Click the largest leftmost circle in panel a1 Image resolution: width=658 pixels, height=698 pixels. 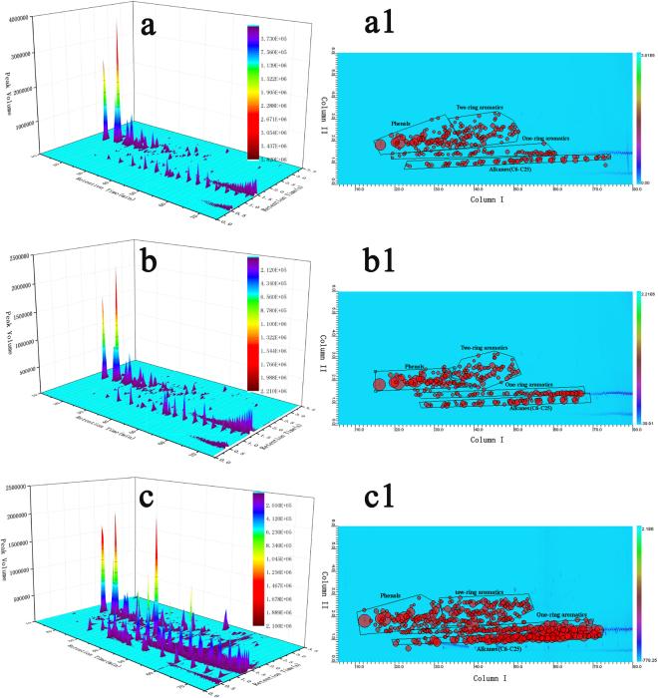point(379,146)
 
